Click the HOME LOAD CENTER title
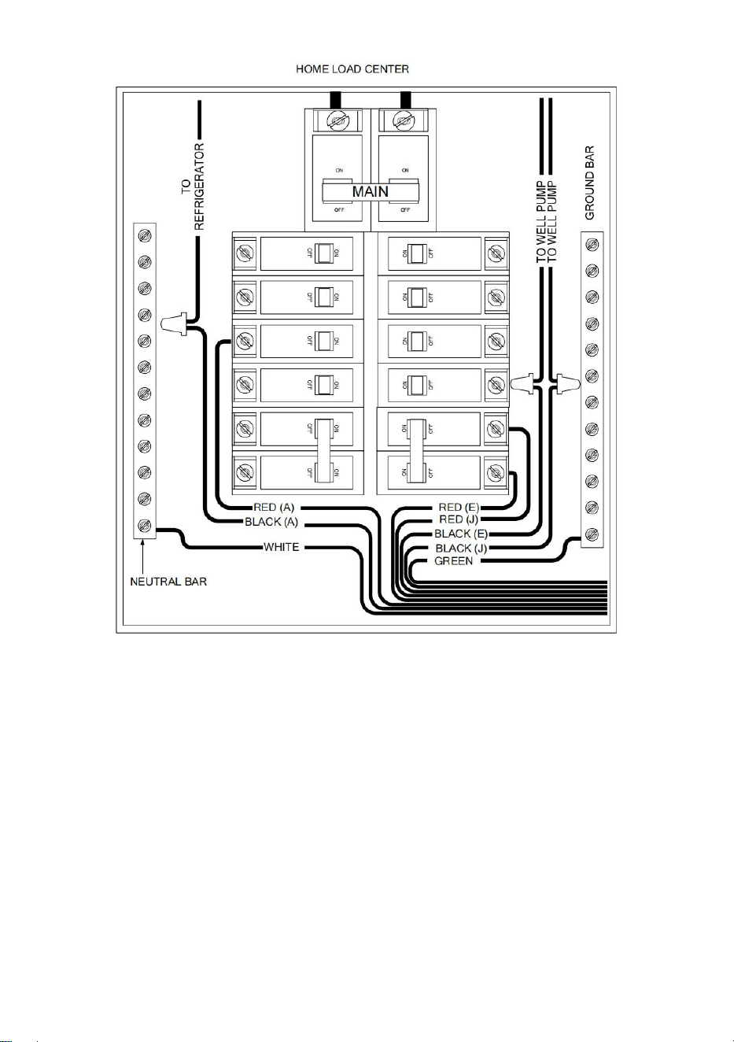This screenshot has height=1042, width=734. (352, 69)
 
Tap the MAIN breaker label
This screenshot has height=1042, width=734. (371, 191)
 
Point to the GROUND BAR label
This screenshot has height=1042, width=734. (589, 183)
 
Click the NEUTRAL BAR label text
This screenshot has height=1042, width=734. (168, 582)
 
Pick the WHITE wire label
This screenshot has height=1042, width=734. (281, 547)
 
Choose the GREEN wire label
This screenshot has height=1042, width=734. (453, 561)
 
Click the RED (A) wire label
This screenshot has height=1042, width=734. (274, 508)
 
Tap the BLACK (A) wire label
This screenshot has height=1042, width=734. (271, 522)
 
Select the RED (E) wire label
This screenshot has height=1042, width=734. (459, 508)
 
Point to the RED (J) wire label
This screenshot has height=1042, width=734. (459, 519)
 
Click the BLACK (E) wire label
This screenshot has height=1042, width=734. (461, 534)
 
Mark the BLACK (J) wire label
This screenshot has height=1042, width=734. (461, 549)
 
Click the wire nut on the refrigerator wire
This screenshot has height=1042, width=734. (174, 323)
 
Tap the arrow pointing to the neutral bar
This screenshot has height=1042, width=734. (144, 556)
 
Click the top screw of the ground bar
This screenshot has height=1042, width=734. (592, 245)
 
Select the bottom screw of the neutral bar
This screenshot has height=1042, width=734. (145, 525)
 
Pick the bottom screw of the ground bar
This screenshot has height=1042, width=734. (592, 534)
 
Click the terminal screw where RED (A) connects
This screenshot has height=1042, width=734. (245, 342)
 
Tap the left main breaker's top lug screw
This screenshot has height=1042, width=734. (338, 121)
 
